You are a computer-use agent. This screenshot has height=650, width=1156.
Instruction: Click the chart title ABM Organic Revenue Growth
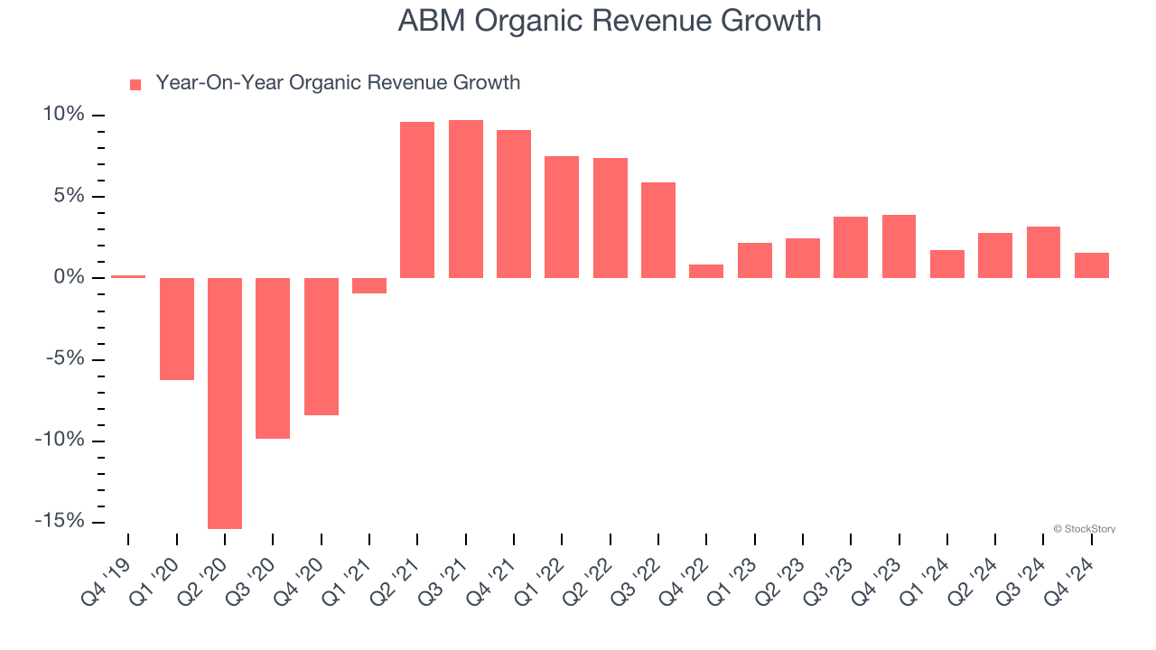[610, 21]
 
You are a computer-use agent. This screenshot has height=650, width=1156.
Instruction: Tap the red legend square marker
[135, 84]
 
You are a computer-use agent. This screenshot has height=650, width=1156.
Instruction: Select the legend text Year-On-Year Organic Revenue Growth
[338, 83]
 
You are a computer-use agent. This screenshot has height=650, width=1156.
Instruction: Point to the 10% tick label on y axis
[63, 115]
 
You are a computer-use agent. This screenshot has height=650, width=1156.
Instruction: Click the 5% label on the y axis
[69, 196]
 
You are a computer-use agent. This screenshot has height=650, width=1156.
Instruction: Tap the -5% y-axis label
[65, 358]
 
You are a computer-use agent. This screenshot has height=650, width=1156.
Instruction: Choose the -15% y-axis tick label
[61, 522]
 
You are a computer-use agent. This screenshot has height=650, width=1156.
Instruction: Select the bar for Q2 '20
[225, 403]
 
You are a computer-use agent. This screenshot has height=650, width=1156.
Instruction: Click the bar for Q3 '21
[466, 199]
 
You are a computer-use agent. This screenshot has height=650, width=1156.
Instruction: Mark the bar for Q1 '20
[177, 329]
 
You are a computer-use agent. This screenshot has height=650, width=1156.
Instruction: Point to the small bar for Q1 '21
[369, 285]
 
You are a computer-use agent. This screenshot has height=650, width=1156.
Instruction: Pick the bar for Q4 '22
[706, 271]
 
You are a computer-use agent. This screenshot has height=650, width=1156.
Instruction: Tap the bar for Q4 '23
[899, 246]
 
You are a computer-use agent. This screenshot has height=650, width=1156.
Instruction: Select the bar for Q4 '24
[1091, 265]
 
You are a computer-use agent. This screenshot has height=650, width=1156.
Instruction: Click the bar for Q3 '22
[658, 229]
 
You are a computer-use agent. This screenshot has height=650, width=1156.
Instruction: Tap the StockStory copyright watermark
[1084, 529]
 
